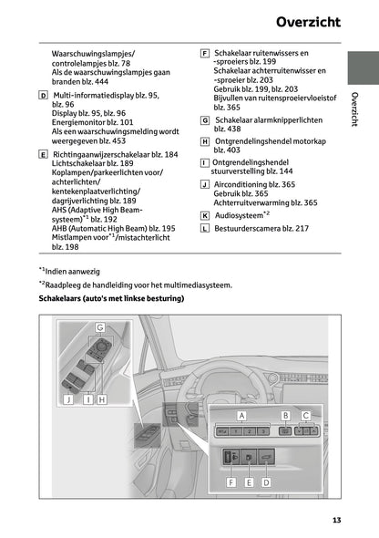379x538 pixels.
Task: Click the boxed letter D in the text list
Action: (x=44, y=95)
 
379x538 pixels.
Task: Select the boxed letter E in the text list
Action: (x=44, y=155)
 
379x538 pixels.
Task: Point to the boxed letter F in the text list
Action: (x=204, y=54)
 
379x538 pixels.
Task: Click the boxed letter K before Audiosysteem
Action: (x=204, y=216)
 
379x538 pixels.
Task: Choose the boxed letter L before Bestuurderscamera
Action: (x=204, y=229)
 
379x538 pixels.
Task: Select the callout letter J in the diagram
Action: (x=68, y=399)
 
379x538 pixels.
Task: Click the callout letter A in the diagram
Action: (x=242, y=414)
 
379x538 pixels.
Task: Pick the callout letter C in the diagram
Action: (x=307, y=414)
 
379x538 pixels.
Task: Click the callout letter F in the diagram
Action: (x=231, y=481)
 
